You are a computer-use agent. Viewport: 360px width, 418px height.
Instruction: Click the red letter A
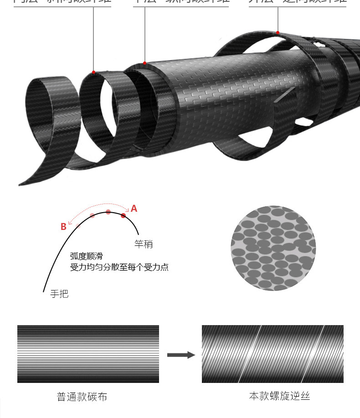click(x=134, y=209)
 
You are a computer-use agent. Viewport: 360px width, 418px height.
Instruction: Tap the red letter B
click(x=63, y=227)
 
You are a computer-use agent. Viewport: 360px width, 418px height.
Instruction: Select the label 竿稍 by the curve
click(x=144, y=245)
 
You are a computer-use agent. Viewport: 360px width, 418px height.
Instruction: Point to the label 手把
click(x=59, y=294)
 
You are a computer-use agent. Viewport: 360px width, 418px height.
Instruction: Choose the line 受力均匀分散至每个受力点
click(x=119, y=267)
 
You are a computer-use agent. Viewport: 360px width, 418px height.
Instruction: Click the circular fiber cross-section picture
click(x=273, y=248)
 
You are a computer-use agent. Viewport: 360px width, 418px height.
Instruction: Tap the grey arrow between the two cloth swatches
click(x=180, y=355)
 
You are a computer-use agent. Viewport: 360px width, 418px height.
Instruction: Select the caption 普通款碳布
click(x=82, y=397)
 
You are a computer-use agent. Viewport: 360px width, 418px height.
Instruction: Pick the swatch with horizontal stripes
click(x=88, y=354)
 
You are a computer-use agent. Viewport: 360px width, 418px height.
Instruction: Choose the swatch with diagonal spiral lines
click(x=273, y=354)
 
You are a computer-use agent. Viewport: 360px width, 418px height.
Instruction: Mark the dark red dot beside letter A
click(x=123, y=215)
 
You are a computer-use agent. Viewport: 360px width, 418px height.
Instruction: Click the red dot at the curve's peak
click(x=108, y=212)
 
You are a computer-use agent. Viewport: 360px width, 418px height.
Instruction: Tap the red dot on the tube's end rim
click(x=145, y=63)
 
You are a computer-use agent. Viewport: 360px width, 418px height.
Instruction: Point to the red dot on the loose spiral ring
click(x=93, y=72)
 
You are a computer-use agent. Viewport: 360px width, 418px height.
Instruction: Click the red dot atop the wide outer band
click(x=278, y=33)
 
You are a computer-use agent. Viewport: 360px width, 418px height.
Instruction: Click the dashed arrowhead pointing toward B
click(x=76, y=223)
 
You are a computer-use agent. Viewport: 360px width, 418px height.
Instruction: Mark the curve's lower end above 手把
click(x=44, y=291)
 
